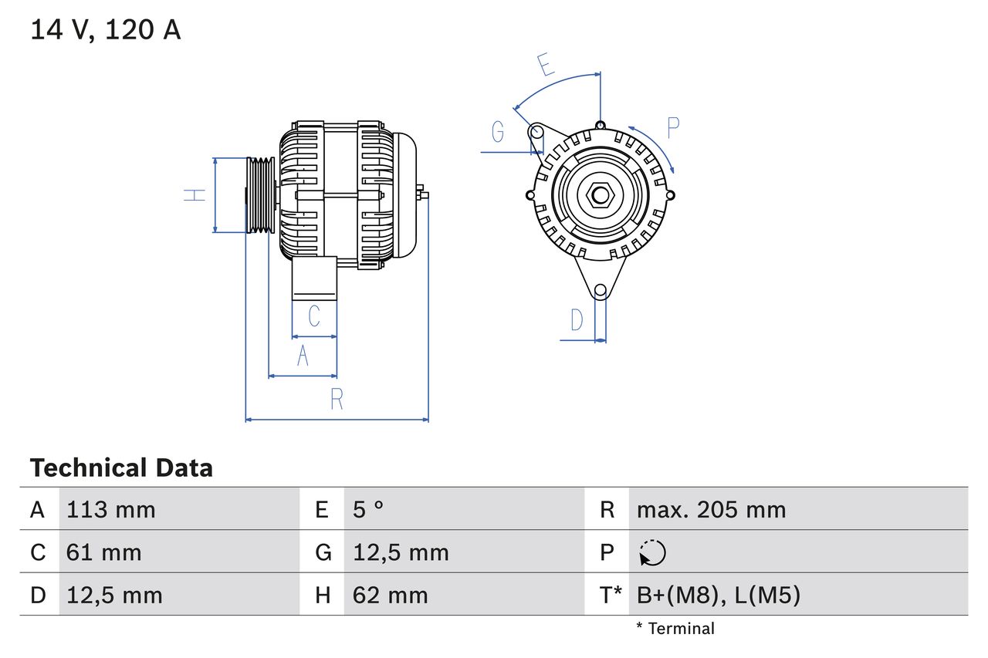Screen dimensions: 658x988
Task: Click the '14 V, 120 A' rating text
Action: tap(105, 30)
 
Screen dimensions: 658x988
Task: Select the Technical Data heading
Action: tap(121, 468)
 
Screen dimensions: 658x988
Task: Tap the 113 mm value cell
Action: tap(111, 510)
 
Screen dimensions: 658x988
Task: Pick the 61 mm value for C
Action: tap(104, 552)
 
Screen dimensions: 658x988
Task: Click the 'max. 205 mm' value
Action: tap(711, 510)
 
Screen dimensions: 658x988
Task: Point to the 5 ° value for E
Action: tap(368, 510)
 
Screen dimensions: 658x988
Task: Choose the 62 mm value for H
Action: tap(390, 595)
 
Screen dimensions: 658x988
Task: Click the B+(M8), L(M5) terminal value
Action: tap(718, 595)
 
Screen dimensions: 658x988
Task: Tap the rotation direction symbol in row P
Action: tap(652, 553)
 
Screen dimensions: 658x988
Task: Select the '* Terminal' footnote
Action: tap(675, 629)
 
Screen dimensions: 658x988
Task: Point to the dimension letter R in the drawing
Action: tap(337, 400)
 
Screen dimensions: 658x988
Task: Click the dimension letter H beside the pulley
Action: tap(195, 194)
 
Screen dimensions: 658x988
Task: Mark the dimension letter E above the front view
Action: tap(546, 65)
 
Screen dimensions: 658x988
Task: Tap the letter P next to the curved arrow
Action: tap(672, 128)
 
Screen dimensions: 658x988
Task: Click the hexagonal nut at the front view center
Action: tap(600, 194)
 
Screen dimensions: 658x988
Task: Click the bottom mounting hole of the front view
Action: tap(600, 290)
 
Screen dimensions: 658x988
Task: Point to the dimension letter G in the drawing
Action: tap(498, 133)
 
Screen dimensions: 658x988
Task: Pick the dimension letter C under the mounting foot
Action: tap(314, 316)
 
